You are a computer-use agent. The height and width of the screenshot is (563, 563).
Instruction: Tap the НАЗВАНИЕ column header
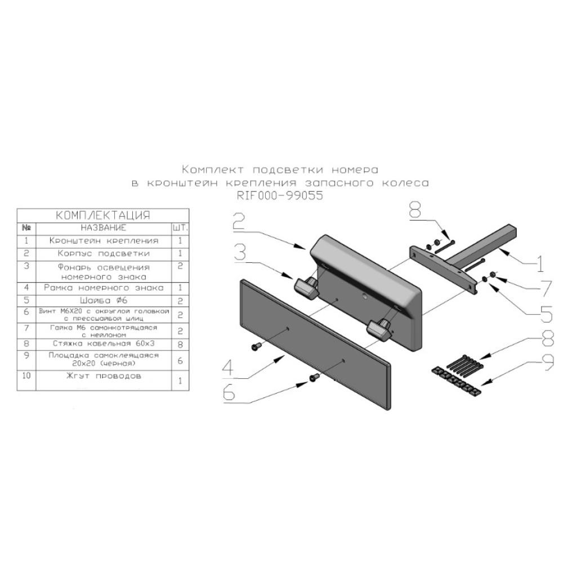click(x=103, y=228)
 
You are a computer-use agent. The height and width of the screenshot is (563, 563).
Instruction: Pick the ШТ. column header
click(x=180, y=228)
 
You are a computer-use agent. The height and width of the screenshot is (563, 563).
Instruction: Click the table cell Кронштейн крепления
click(x=103, y=240)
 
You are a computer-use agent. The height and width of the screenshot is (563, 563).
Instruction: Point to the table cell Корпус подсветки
click(x=103, y=253)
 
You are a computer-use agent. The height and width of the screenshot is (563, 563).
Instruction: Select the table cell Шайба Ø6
click(x=103, y=300)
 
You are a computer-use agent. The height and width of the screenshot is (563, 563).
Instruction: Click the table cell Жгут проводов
click(x=103, y=376)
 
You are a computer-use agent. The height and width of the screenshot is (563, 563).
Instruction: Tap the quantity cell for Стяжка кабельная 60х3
click(x=180, y=342)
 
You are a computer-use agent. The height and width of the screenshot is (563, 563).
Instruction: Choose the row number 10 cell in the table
click(x=26, y=376)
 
